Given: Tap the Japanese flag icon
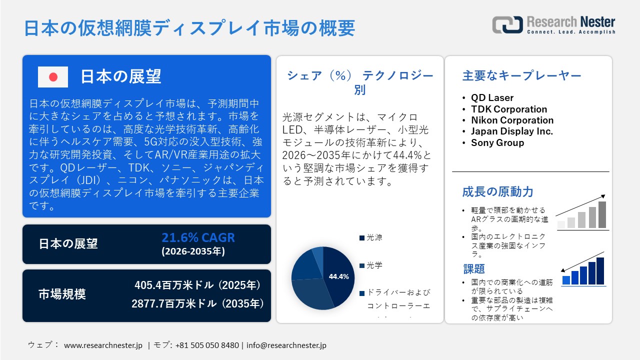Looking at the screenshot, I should click(53, 77).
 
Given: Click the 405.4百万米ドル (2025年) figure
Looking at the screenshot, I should click(198, 285).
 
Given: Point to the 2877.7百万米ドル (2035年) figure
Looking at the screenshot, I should click(198, 303).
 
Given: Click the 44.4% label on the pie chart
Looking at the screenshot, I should click(338, 276).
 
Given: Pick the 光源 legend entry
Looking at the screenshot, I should click(374, 237).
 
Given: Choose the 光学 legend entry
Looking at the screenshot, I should click(374, 265).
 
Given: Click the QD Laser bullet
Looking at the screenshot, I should click(492, 98).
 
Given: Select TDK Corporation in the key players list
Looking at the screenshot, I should click(509, 109).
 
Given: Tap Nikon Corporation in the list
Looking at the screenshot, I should click(512, 120).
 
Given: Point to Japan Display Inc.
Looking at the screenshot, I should click(512, 131).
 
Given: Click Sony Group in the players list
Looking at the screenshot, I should click(497, 142).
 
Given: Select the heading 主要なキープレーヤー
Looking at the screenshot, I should click(521, 76).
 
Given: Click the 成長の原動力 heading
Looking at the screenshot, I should click(497, 191).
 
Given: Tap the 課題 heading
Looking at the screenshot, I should click(474, 269).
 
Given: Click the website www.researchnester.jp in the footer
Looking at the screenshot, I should click(103, 345).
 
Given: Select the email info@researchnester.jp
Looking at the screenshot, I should click(286, 345).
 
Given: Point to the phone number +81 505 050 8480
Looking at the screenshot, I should click(207, 345).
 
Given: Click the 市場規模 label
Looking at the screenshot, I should click(62, 294).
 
